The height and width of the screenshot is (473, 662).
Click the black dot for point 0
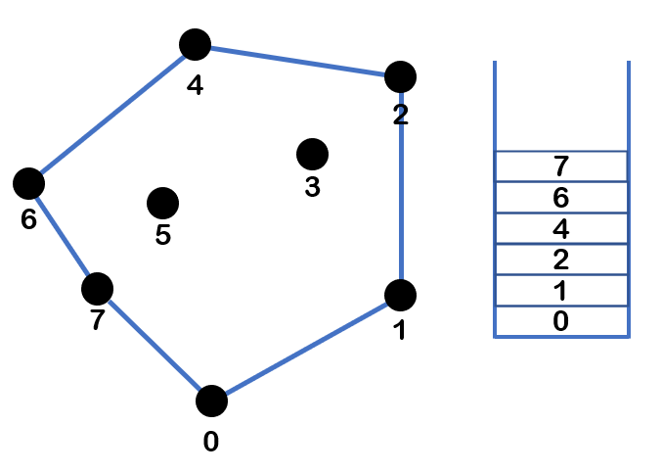pyautogui.click(x=211, y=401)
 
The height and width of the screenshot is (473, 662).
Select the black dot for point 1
pyautogui.click(x=401, y=294)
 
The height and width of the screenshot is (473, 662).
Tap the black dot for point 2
pyautogui.click(x=401, y=75)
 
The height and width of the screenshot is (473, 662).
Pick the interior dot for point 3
pyautogui.click(x=312, y=153)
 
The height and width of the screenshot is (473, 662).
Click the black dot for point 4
pyautogui.click(x=196, y=44)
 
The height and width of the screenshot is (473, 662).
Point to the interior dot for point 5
pyautogui.click(x=162, y=203)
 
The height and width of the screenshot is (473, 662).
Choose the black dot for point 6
pyautogui.click(x=28, y=182)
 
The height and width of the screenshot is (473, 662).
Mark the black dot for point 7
pyautogui.click(x=97, y=288)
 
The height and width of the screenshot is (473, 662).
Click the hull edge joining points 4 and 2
pyautogui.click(x=298, y=60)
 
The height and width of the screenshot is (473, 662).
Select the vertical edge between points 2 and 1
pyautogui.click(x=401, y=186)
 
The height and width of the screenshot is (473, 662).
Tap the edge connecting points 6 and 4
pyautogui.click(x=112, y=113)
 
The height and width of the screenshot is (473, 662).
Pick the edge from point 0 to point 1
pyautogui.click(x=306, y=348)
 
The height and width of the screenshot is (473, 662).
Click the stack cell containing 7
pyautogui.click(x=560, y=166)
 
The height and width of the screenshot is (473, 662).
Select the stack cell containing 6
pyautogui.click(x=560, y=197)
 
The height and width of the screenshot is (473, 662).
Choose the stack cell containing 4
pyautogui.click(x=560, y=228)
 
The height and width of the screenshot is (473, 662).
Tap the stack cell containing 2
pyautogui.click(x=560, y=260)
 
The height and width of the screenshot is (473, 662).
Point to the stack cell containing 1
pyautogui.click(x=560, y=291)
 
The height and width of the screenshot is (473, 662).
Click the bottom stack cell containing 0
pyautogui.click(x=560, y=321)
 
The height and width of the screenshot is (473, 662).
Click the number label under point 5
pyautogui.click(x=163, y=235)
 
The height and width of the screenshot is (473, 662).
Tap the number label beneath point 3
pyautogui.click(x=312, y=186)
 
